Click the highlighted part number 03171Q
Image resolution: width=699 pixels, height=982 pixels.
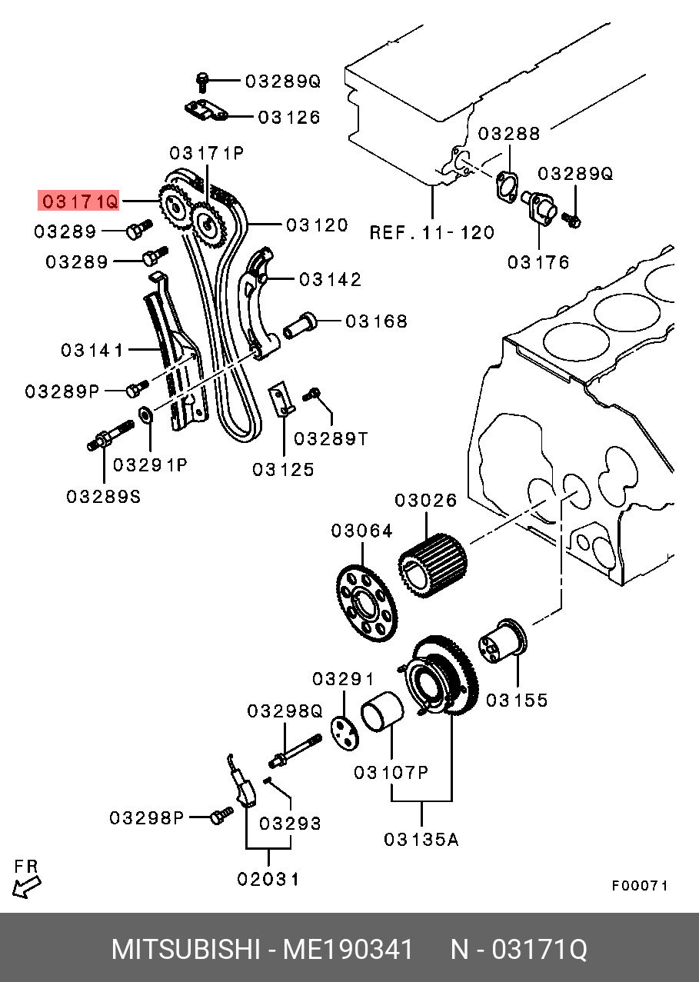pos(78,201)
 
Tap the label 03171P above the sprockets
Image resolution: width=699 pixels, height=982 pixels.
pos(207,154)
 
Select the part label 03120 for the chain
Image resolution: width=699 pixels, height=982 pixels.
pos(317,225)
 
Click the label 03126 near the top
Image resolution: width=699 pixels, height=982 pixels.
pos(289,118)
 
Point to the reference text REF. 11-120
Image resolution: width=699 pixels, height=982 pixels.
pos(432,232)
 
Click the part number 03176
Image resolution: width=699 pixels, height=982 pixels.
pos(538,262)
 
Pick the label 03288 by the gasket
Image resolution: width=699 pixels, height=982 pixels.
pos(509,134)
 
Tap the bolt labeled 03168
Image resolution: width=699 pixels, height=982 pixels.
pos(299,327)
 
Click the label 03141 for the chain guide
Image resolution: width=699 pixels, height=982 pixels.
pos(92,351)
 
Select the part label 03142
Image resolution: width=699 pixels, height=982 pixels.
pos(330,279)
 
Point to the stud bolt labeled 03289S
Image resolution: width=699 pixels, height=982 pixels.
pos(110,435)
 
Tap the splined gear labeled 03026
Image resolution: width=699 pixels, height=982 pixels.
pos(433,566)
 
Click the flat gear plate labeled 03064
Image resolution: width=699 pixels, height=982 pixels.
pos(367,604)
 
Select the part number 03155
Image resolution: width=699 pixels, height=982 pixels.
pos(517,700)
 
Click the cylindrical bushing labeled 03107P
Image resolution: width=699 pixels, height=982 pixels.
pos(382,712)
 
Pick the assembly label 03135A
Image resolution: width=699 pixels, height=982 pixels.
pos(421,840)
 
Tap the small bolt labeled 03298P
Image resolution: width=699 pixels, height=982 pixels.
pos(222,817)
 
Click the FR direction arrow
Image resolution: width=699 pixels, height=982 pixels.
pos(26,887)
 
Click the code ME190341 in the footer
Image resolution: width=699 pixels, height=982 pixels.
pos(348,950)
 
